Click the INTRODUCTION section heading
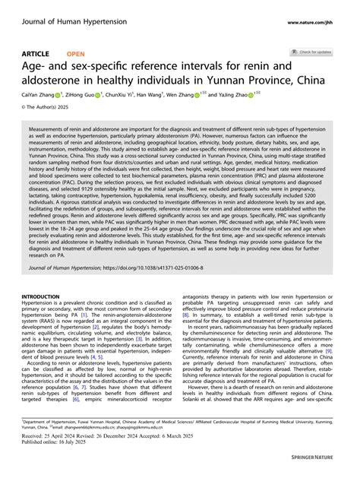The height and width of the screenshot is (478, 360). (x=46, y=296)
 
